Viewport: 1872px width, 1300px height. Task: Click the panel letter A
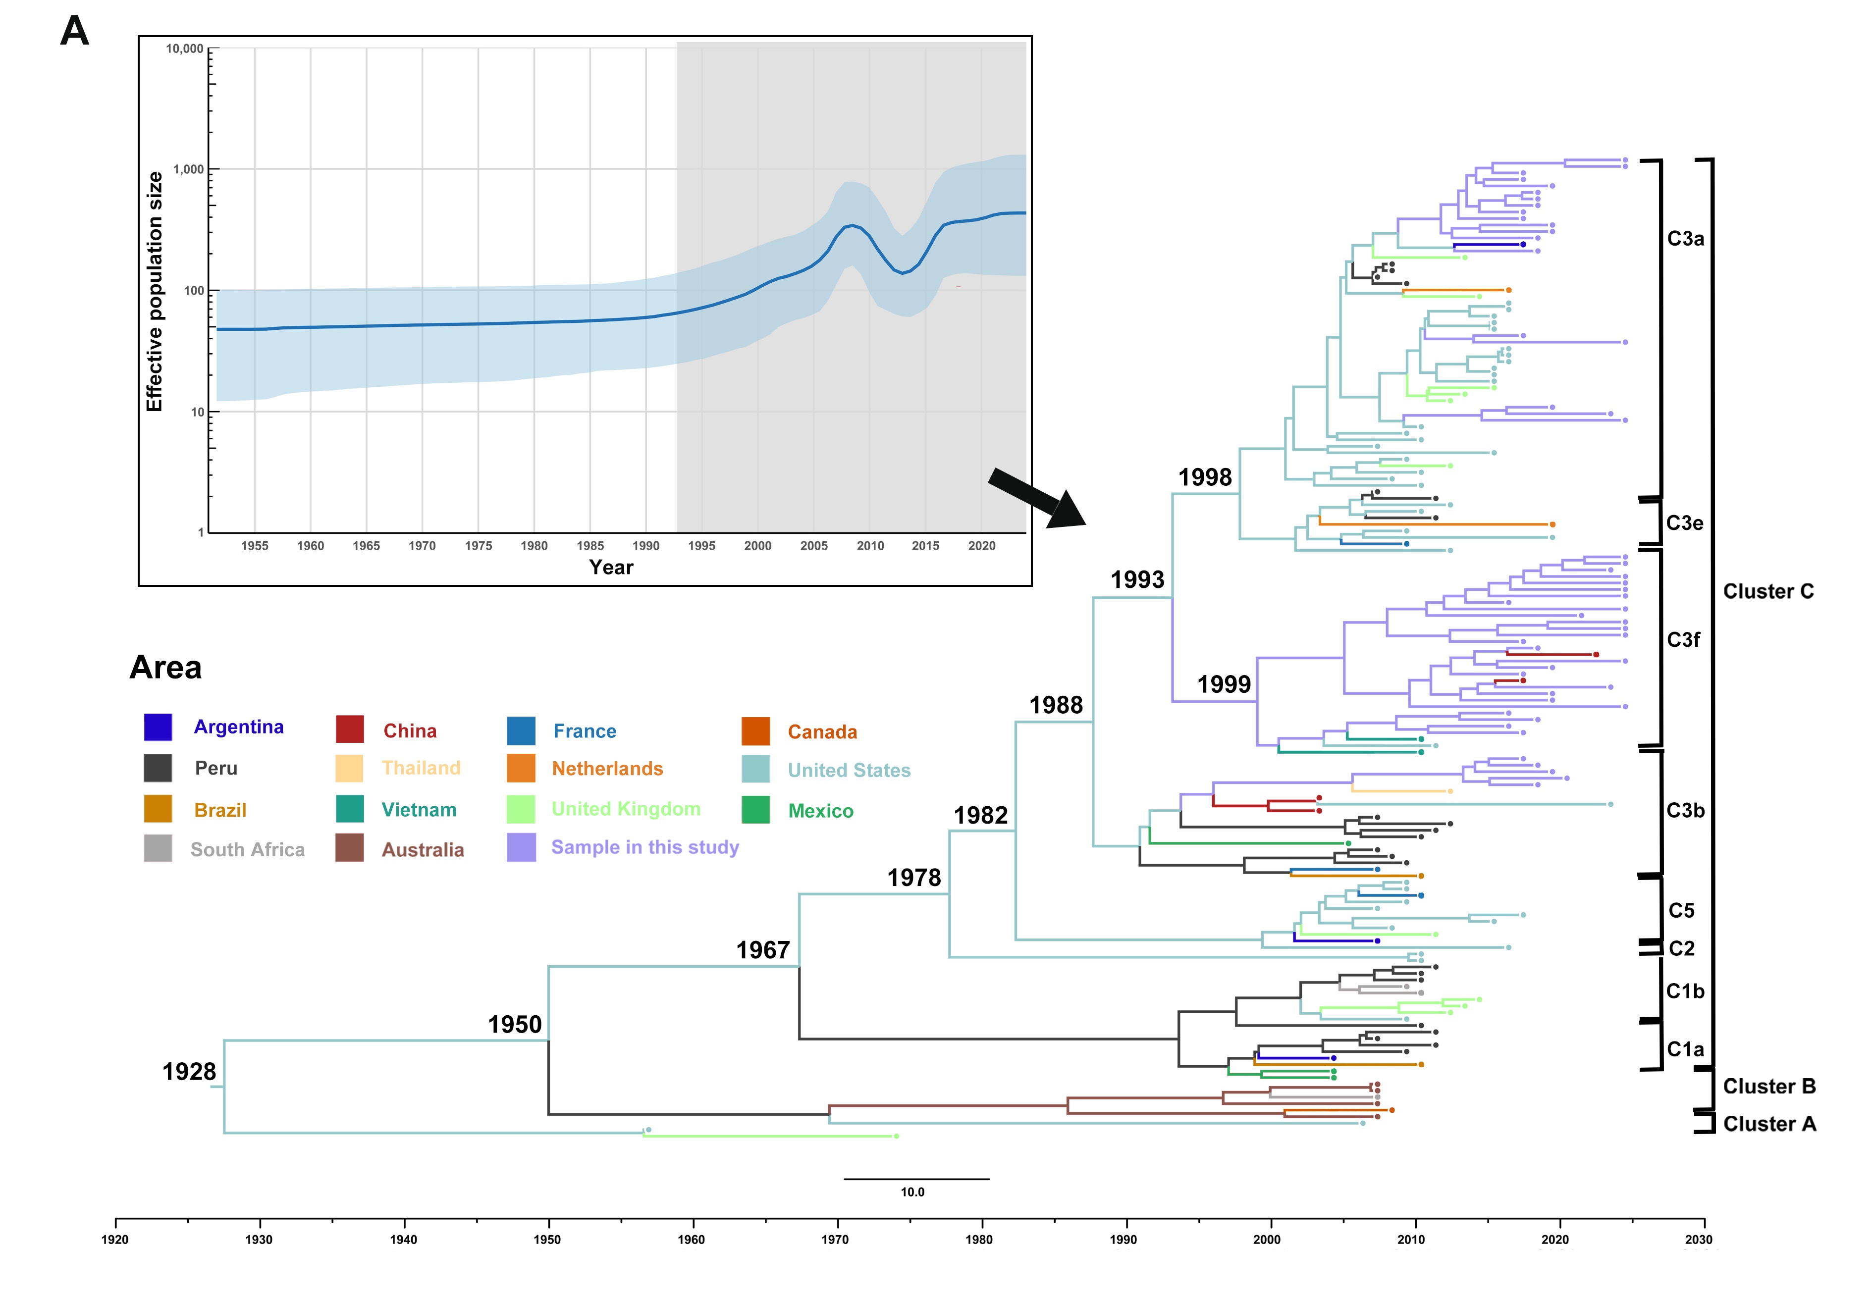74,32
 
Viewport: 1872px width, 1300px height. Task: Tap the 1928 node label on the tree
189,1071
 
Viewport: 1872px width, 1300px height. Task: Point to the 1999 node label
1224,684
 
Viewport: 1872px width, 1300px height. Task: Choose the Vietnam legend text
419,810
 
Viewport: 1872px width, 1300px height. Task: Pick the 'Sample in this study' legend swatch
521,847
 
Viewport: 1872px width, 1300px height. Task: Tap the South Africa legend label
248,849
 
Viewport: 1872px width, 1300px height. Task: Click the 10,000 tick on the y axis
185,49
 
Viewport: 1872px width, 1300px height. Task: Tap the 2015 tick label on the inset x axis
925,546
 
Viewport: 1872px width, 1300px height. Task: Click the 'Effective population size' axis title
154,292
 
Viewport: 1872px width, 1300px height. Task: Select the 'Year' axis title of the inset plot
611,567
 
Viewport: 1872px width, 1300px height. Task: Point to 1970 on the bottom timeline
835,1240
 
